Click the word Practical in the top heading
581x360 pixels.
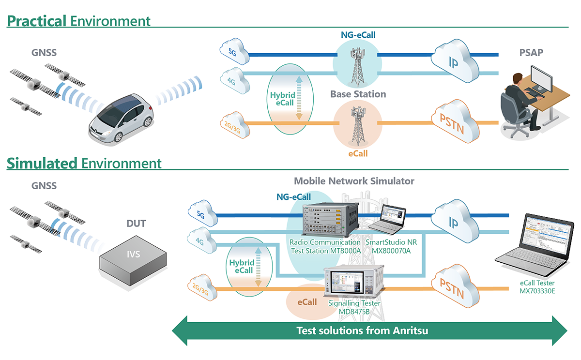(x=37, y=21)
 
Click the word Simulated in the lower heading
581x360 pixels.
(x=42, y=163)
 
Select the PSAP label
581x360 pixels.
(x=529, y=52)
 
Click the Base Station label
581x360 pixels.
(x=358, y=94)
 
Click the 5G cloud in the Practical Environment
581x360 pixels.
(x=233, y=50)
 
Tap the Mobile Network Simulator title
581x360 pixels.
(x=354, y=181)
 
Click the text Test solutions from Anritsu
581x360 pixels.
(x=362, y=331)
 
